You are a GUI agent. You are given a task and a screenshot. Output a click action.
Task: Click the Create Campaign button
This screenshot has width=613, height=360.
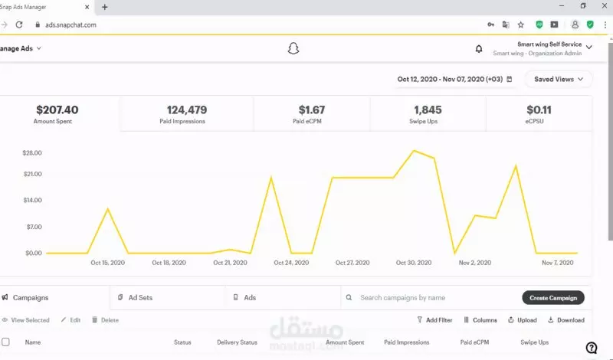553,297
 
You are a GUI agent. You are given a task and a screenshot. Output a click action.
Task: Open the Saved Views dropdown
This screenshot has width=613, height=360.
559,79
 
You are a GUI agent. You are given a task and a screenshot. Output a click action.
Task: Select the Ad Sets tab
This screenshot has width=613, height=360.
143,297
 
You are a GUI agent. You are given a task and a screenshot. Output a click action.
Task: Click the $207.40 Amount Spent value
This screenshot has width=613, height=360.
57,110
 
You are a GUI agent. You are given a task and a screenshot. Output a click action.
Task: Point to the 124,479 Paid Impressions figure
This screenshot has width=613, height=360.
186,110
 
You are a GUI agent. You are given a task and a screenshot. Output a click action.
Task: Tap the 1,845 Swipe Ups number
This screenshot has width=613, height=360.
428,110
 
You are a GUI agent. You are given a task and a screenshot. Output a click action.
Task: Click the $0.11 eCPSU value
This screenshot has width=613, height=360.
539,110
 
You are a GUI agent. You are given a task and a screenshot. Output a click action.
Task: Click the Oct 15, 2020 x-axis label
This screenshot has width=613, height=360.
107,263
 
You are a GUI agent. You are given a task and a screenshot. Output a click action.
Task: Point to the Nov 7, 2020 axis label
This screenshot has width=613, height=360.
558,263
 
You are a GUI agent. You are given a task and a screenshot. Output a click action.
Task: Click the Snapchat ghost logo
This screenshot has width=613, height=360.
293,49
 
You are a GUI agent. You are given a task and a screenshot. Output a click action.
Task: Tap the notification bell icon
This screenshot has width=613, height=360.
479,49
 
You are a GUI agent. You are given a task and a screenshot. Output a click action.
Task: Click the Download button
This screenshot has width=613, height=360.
566,320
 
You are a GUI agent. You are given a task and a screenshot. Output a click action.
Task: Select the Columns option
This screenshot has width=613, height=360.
480,320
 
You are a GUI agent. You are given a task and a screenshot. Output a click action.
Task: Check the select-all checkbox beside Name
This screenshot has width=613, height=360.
6,342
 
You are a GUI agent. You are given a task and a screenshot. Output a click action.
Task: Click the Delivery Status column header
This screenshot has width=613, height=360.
238,342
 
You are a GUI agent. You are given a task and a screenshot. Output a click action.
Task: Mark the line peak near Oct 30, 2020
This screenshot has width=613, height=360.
414,151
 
